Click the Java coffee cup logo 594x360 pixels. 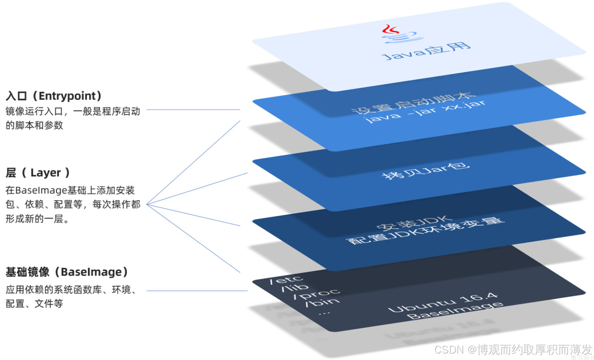coord(401,34)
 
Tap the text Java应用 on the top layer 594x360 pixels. coord(427,51)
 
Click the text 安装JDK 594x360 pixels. coord(414,223)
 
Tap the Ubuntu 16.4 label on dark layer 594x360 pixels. coord(443,303)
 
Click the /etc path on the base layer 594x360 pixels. coord(286,280)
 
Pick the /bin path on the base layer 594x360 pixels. coord(322,302)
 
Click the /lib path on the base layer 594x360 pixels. coord(295,287)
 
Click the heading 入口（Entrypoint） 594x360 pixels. coord(54,96)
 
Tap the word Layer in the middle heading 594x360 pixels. coord(46,173)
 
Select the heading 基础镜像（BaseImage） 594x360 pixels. coord(66,272)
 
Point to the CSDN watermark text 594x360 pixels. coord(512,350)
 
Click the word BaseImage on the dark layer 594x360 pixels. coord(455,311)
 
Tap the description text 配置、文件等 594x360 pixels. coord(34,304)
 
